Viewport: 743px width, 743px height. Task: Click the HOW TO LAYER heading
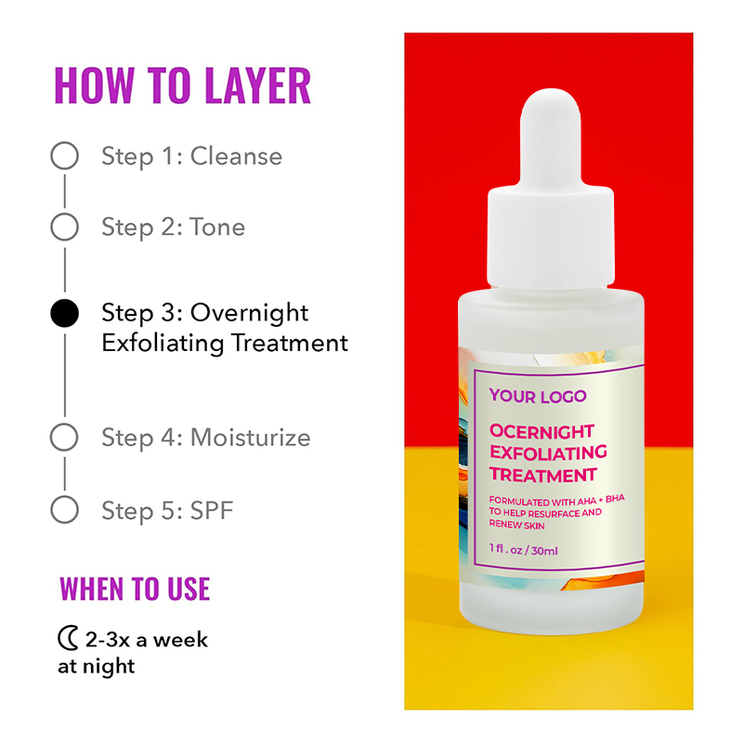[182, 85]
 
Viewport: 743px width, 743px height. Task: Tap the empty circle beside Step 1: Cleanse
[64, 156]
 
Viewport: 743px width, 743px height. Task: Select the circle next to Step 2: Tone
[64, 227]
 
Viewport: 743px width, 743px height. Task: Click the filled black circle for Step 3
[64, 314]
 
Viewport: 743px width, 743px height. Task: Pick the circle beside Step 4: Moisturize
[64, 437]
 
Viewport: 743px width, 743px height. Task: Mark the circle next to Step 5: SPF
[64, 509]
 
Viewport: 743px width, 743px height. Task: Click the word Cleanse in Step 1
[236, 156]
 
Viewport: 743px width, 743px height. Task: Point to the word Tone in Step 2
[217, 227]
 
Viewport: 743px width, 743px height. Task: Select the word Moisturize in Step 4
[250, 437]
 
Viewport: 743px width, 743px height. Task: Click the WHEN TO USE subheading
[135, 589]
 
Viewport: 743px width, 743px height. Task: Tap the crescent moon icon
[68, 639]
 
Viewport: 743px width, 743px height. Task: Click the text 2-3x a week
[147, 639]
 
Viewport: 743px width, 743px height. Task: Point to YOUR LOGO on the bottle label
[538, 397]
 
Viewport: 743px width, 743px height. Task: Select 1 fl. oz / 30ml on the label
[524, 550]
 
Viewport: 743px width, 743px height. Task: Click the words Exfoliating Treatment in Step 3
[225, 343]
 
